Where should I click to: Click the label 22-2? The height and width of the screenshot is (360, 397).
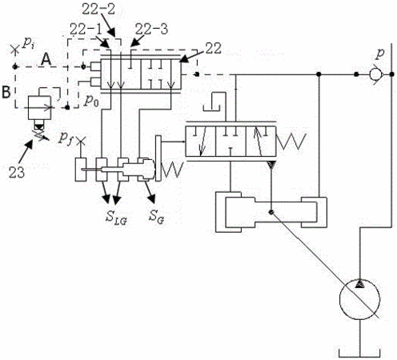click(x=98, y=10)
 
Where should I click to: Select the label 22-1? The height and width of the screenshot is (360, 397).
click(x=86, y=29)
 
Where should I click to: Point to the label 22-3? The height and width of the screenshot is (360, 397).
click(x=151, y=29)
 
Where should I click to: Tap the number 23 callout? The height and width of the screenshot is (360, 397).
click(x=17, y=173)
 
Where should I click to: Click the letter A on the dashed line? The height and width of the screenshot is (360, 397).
click(x=46, y=59)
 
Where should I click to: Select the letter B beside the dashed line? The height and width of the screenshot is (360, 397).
click(x=6, y=92)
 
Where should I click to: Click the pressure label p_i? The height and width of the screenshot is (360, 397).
click(x=28, y=43)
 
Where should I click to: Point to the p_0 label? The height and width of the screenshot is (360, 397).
click(x=91, y=101)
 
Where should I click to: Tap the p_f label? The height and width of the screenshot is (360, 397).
click(x=66, y=138)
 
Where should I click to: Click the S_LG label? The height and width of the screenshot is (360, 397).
click(x=116, y=218)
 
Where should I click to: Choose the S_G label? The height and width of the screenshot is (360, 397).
click(x=156, y=216)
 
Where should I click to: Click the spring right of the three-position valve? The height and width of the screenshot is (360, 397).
click(x=291, y=142)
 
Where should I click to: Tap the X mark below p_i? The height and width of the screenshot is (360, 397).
click(x=15, y=50)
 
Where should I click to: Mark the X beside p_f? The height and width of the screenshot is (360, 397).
click(x=80, y=140)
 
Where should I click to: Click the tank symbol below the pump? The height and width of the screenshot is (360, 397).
click(x=359, y=353)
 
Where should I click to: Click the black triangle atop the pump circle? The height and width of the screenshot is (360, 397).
click(x=359, y=284)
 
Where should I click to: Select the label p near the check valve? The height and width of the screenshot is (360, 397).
click(x=379, y=54)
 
